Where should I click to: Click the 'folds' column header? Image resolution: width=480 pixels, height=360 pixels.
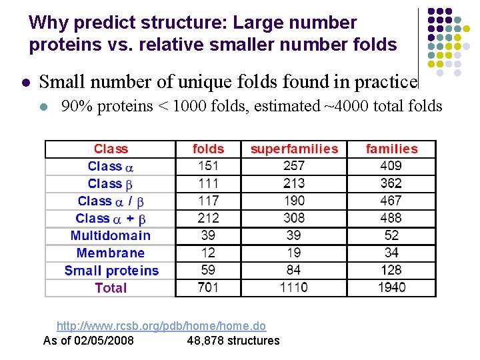pyautogui.click(x=208, y=149)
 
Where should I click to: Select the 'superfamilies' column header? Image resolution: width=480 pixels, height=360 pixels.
pyautogui.click(x=294, y=149)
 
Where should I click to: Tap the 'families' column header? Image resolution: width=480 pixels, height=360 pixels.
pyautogui.click(x=391, y=149)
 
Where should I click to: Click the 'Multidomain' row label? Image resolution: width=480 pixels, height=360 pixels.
pyautogui.click(x=111, y=235)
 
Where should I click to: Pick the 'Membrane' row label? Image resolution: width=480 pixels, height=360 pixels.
pyautogui.click(x=111, y=253)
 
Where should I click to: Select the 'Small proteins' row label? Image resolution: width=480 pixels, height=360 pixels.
pyautogui.click(x=111, y=271)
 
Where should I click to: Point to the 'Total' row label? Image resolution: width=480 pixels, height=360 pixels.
pyautogui.click(x=111, y=288)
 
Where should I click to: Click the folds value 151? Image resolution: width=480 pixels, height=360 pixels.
pyautogui.click(x=208, y=166)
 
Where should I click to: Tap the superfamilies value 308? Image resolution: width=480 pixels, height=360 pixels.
pyautogui.click(x=293, y=218)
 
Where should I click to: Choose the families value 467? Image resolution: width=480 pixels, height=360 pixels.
pyautogui.click(x=391, y=201)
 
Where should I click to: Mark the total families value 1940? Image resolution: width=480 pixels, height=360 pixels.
pyautogui.click(x=391, y=287)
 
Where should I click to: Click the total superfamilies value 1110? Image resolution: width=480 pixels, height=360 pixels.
pyautogui.click(x=293, y=287)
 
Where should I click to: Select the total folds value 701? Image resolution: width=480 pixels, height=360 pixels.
pyautogui.click(x=208, y=287)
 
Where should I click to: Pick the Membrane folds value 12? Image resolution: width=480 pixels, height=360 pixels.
pyautogui.click(x=208, y=253)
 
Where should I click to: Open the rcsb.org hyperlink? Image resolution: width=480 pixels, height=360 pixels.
pyautogui.click(x=161, y=326)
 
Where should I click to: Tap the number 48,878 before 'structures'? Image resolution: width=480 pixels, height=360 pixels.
pyautogui.click(x=205, y=341)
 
